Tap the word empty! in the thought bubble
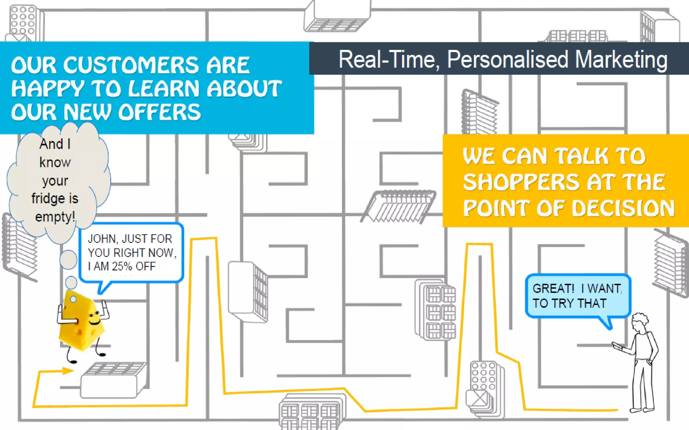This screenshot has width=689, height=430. click(x=55, y=217)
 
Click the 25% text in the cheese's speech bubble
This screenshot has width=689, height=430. click(x=122, y=266)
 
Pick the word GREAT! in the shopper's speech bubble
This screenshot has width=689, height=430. click(x=553, y=289)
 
